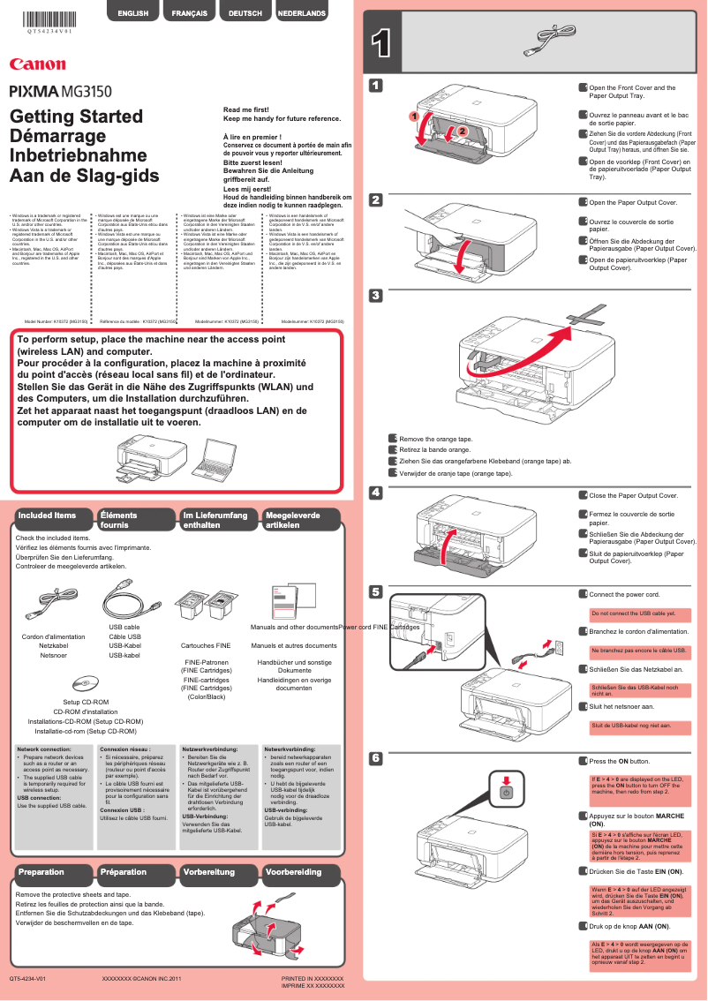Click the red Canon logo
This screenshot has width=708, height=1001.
[37, 64]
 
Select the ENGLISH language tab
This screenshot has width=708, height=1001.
[132, 13]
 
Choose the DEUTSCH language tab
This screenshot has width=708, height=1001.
[245, 13]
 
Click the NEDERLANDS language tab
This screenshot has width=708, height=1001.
[302, 13]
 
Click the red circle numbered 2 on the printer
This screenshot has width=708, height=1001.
[461, 132]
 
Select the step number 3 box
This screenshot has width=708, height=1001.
[376, 295]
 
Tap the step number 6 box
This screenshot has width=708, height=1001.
[376, 758]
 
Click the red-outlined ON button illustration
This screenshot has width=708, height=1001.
[505, 787]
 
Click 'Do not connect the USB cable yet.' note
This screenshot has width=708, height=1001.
[634, 613]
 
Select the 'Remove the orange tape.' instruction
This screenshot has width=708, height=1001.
[435, 439]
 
